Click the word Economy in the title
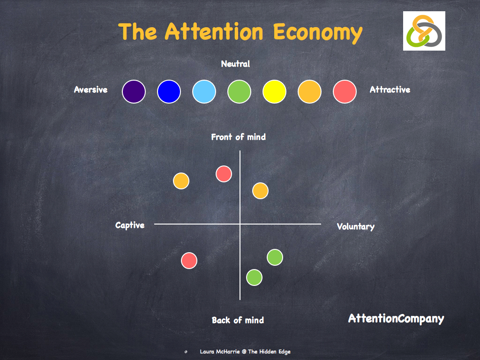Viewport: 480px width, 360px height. coord(318,32)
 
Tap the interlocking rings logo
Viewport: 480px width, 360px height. coord(424,31)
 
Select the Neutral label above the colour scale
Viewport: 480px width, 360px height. coord(235,64)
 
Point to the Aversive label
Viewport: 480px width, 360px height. coord(90,90)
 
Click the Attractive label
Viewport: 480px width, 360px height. coord(390,90)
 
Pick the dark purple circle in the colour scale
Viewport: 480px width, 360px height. coord(134,91)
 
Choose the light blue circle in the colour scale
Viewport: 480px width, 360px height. coord(204,91)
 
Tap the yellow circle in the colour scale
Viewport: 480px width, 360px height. coord(274,91)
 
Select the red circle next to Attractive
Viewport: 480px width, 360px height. coord(345,91)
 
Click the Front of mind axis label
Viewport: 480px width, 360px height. coord(238,137)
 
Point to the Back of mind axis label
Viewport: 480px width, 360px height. coord(238,320)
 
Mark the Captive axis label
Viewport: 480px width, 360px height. coord(130,225)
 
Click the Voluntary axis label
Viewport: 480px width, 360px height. coord(355,227)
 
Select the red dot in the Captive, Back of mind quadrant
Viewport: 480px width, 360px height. coord(189,261)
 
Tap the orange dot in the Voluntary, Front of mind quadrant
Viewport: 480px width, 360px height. coord(260,190)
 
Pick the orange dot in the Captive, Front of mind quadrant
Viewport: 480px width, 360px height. coord(181,181)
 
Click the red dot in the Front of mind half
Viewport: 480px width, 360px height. coord(224,174)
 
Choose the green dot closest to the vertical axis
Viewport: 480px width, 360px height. coord(254,277)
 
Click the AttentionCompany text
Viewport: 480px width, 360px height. coord(396,319)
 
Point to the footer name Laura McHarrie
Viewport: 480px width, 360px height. coord(219,352)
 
